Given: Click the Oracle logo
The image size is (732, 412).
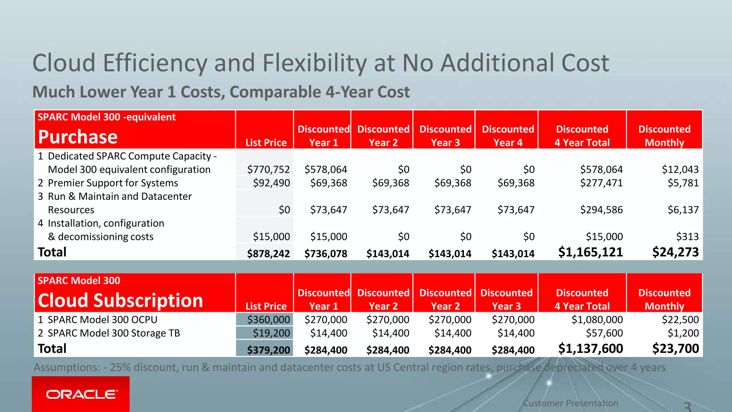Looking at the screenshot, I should tap(81, 394).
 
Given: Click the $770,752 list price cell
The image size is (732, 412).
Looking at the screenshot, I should tap(268, 169).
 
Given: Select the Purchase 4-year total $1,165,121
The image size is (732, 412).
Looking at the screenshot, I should tap(590, 252).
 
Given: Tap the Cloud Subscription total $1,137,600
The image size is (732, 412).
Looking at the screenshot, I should tap(590, 349).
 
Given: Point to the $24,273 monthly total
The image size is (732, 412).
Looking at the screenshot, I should tap(675, 252).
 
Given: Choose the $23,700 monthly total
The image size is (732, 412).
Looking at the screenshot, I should tap(675, 349).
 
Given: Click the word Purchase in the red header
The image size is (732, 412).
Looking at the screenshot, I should tap(78, 137).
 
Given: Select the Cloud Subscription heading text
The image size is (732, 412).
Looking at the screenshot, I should tap(120, 300).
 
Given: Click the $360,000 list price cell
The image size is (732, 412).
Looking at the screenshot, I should tap(268, 319).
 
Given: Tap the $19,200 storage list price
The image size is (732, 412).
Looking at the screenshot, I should tap(271, 333).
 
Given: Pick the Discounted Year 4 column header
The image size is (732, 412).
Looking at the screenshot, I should tap(508, 136).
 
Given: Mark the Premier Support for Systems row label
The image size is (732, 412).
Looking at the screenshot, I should tap(113, 183).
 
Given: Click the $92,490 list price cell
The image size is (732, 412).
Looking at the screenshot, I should tap(271, 183).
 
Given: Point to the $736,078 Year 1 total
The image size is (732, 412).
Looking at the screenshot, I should tap(325, 254).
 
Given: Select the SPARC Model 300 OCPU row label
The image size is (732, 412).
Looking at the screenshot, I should tap(102, 319).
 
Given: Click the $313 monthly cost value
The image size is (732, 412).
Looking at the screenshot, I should tap(687, 236).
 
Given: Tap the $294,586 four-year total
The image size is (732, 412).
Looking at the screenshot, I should tap(601, 210).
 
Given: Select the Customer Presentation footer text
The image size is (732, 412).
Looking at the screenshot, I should tap(570, 403).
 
